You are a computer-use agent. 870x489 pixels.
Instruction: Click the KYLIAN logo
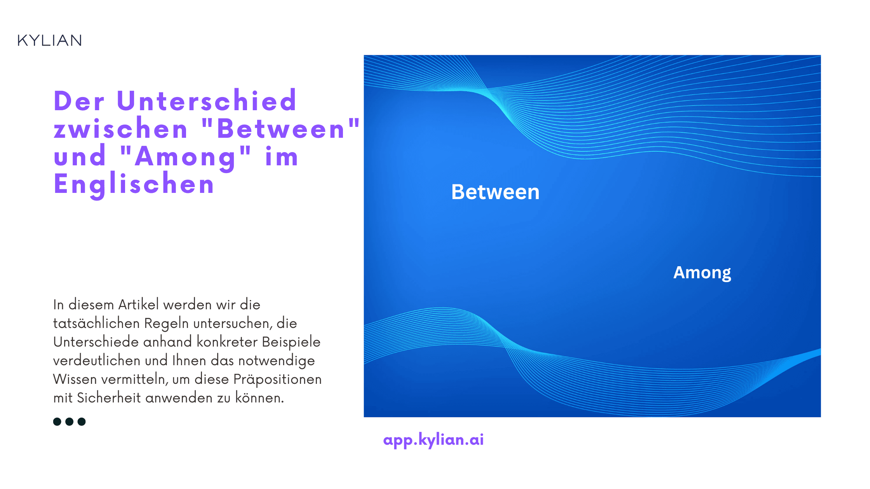50,40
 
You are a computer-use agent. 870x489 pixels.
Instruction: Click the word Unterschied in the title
207,101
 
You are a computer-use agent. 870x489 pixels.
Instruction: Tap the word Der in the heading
79,101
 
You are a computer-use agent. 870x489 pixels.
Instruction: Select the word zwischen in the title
121,129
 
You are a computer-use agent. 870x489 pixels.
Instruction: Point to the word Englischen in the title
134,184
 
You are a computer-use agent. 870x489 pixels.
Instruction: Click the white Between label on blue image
495,192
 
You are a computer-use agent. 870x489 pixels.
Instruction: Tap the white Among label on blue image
702,272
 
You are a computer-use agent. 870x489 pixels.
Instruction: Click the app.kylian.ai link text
433,439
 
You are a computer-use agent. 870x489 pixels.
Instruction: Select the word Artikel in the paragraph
139,305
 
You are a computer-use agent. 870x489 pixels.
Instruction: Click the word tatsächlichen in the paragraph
96,323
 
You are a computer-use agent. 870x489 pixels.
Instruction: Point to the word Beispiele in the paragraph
291,342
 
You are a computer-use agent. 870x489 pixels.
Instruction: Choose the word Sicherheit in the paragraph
109,398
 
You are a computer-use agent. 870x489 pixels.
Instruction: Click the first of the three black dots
57,421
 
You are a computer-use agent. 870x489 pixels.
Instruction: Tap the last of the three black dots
82,421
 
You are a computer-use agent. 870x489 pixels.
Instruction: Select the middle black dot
70,421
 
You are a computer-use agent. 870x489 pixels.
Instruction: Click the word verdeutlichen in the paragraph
97,361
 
